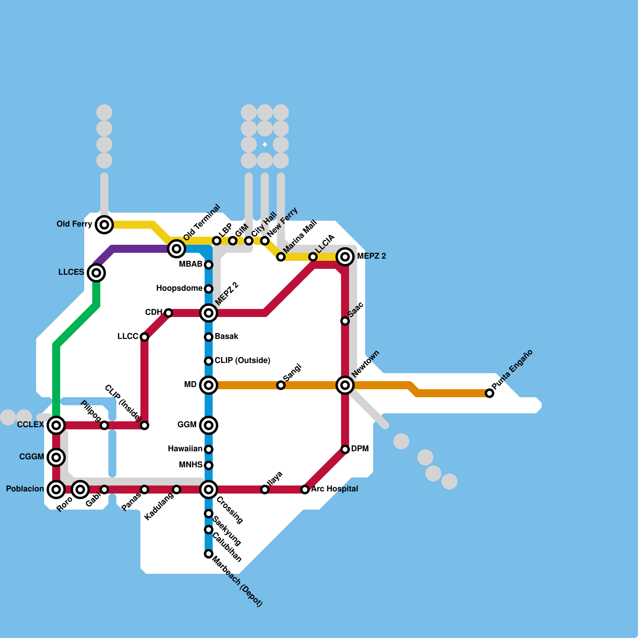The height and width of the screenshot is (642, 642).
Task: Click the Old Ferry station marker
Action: [x=104, y=225]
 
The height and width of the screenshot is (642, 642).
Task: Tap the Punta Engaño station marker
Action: [x=490, y=393]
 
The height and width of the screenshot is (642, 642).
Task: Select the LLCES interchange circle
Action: [x=96, y=273]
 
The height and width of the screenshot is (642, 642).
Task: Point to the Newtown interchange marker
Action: [x=345, y=385]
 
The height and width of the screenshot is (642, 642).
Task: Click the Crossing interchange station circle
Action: [x=209, y=490]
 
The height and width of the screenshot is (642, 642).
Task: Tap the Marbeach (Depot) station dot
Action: [x=209, y=554]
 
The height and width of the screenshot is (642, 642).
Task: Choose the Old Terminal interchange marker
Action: [x=177, y=249]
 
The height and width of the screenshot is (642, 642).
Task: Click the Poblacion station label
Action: [x=25, y=489]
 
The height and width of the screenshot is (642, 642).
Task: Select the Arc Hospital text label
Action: [x=335, y=489]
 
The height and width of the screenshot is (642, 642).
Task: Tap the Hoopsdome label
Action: [x=179, y=288]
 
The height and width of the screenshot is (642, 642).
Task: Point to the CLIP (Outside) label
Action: [x=242, y=360]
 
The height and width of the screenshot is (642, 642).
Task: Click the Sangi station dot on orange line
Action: [x=281, y=385]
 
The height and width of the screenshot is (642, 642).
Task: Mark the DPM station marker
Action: [x=345, y=449]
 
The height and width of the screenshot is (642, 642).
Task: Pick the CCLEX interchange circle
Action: [x=56, y=425]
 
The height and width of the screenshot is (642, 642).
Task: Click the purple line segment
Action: [x=136, y=249]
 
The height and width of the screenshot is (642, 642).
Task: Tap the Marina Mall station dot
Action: [x=281, y=257]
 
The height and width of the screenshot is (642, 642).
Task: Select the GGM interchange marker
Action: [x=209, y=425]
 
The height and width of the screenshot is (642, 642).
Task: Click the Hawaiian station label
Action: [x=185, y=449]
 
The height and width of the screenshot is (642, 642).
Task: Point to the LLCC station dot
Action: [x=144, y=337]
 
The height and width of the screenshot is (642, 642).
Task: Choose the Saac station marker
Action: [x=345, y=321]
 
